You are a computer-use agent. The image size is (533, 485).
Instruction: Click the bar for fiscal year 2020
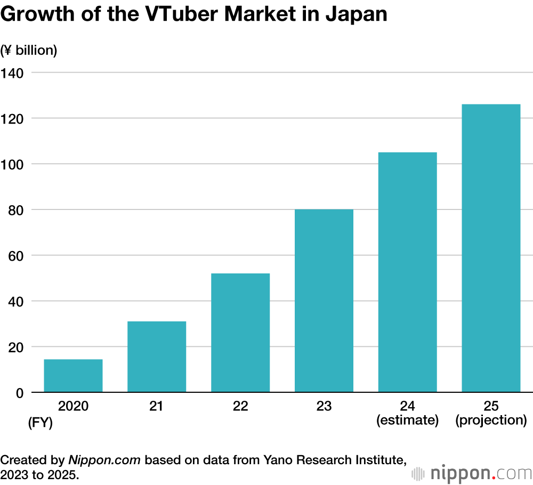[73, 376]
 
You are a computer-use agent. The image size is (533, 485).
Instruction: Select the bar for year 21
[156, 357]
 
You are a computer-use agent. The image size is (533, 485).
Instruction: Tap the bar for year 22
[240, 333]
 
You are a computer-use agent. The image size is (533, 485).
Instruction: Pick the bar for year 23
[324, 301]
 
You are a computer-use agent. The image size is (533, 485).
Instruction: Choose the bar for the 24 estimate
[408, 272]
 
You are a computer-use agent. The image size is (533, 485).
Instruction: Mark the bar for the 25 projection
[491, 248]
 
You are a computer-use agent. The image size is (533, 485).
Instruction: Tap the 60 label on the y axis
[15, 256]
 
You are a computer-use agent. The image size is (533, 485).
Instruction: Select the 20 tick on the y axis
[15, 347]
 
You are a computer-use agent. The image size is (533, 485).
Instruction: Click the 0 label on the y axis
[20, 393]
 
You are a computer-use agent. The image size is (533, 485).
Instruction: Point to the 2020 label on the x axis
[73, 407]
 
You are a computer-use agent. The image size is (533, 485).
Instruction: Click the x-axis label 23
[324, 407]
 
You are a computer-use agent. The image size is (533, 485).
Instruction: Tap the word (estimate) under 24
[408, 420]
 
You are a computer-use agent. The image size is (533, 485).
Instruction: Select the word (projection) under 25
[491, 420]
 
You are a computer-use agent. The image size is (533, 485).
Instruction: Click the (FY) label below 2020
[41, 424]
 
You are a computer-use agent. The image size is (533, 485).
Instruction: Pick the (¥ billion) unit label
[29, 51]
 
